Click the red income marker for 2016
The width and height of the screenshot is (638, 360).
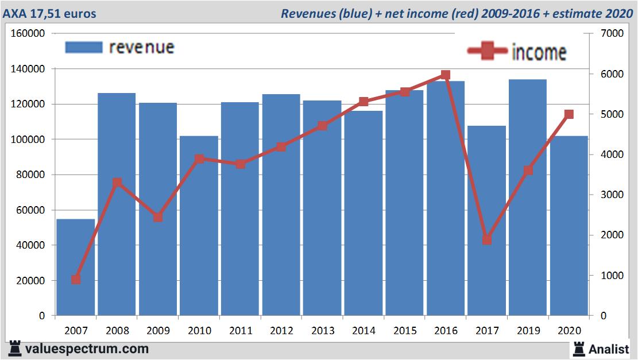click(446, 75)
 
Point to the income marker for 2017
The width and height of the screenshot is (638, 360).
click(487, 239)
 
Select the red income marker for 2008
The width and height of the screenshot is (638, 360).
click(117, 183)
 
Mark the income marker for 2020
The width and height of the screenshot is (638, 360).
click(569, 114)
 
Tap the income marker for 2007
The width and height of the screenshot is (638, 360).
click(76, 280)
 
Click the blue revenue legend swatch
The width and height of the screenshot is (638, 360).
click(83, 47)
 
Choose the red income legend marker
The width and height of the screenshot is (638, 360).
click(488, 52)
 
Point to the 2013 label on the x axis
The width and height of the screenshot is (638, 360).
click(322, 331)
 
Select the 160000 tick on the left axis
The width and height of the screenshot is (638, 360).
click(28, 33)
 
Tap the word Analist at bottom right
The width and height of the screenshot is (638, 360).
click(608, 349)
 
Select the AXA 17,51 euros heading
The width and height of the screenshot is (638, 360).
click(49, 13)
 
